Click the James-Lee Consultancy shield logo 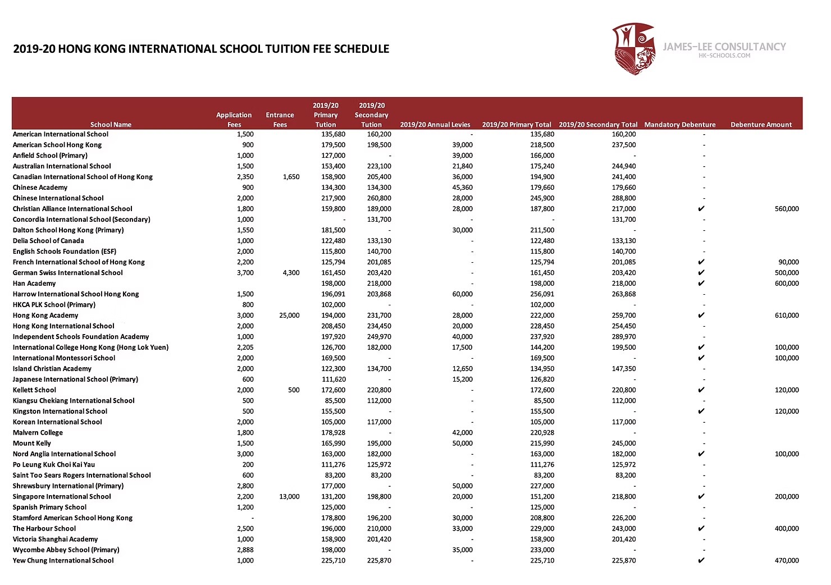634,48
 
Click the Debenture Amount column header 761,125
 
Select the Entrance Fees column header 280,120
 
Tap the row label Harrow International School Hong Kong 76,294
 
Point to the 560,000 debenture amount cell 786,209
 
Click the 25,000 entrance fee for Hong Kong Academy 289,316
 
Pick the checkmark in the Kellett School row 701,390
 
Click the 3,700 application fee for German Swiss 245,273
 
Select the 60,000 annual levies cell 462,294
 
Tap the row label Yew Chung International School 63,561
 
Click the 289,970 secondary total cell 624,337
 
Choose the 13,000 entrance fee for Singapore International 289,497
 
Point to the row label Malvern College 38,433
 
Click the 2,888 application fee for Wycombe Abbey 245,550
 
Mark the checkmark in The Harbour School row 701,529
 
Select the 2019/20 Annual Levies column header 435,125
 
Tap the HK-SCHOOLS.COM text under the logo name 724,56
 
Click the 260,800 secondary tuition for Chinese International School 379,198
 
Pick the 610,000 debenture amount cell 786,316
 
